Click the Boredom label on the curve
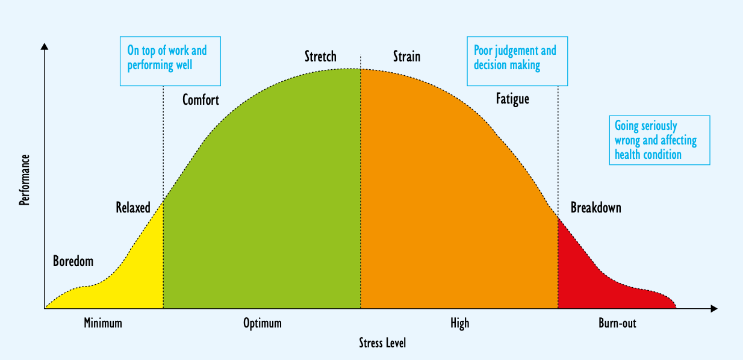(x=73, y=261)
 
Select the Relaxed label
(x=133, y=208)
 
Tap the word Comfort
(x=201, y=100)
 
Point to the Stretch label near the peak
(x=320, y=57)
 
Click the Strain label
(x=406, y=57)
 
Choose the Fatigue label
(x=512, y=99)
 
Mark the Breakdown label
(x=595, y=208)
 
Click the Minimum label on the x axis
(x=103, y=323)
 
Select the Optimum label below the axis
(x=262, y=323)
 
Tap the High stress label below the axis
(x=459, y=323)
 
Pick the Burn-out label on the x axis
(x=617, y=323)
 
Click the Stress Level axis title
(x=382, y=343)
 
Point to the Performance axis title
(x=25, y=180)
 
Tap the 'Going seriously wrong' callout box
(x=659, y=140)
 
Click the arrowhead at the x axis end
(x=713, y=309)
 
